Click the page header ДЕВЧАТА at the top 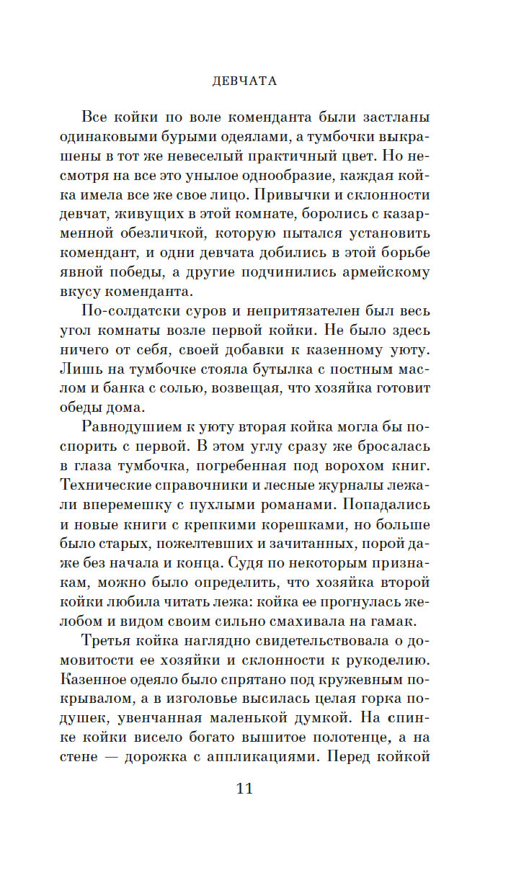click(245, 81)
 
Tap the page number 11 click(244, 788)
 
